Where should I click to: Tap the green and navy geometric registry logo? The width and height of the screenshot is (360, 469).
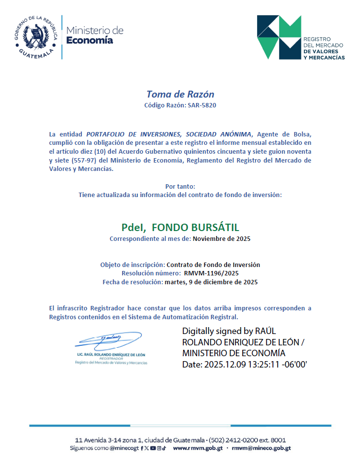pyautogui.click(x=279, y=36)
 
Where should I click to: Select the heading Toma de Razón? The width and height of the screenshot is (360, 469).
pyautogui.click(x=180, y=94)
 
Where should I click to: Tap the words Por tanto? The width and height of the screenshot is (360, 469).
pyautogui.click(x=180, y=186)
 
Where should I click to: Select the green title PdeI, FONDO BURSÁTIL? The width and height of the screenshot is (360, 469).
pyautogui.click(x=180, y=228)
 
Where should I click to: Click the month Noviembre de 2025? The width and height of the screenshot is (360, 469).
pyautogui.click(x=222, y=239)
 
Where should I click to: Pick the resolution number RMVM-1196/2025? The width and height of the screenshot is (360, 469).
pyautogui.click(x=212, y=273)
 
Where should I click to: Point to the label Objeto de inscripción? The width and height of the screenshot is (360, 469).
pyautogui.click(x=132, y=265)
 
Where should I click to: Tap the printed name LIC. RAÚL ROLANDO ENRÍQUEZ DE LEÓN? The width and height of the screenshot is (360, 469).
pyautogui.click(x=111, y=355)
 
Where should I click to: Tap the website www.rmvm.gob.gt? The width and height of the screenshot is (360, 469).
pyautogui.click(x=198, y=448)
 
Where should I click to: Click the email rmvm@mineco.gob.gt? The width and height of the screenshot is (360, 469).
pyautogui.click(x=261, y=448)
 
